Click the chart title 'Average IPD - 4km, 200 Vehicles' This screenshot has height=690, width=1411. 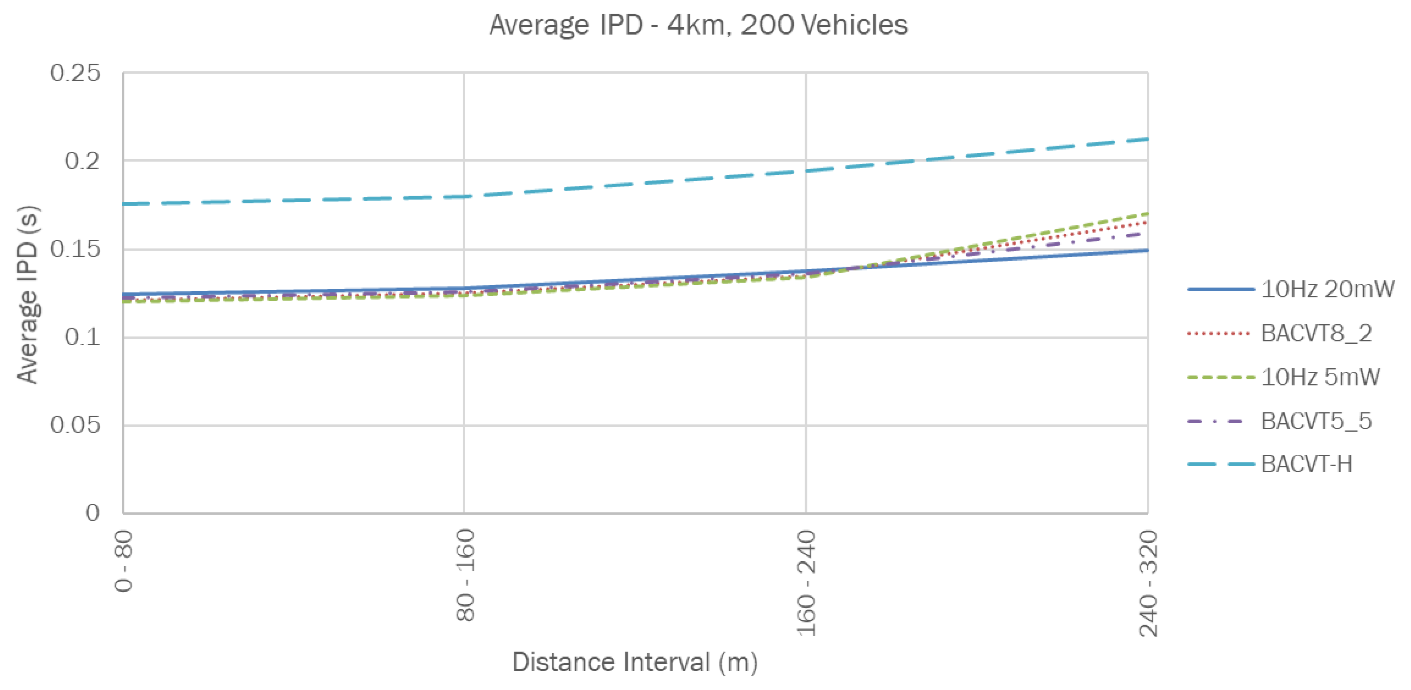click(x=698, y=25)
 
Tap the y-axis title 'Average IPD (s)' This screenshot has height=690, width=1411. click(x=27, y=294)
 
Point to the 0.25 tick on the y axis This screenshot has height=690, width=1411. click(x=75, y=73)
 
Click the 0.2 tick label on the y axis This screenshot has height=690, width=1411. click(x=83, y=161)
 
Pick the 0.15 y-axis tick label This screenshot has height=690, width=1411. click(x=75, y=250)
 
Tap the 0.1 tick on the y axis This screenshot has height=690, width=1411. click(x=83, y=337)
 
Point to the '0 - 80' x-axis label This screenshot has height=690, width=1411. click(x=124, y=561)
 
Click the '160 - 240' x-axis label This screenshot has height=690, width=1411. click(x=807, y=582)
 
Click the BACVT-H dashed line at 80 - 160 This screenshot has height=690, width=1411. click(x=464, y=196)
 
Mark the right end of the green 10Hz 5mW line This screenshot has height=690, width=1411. click(x=1147, y=213)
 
